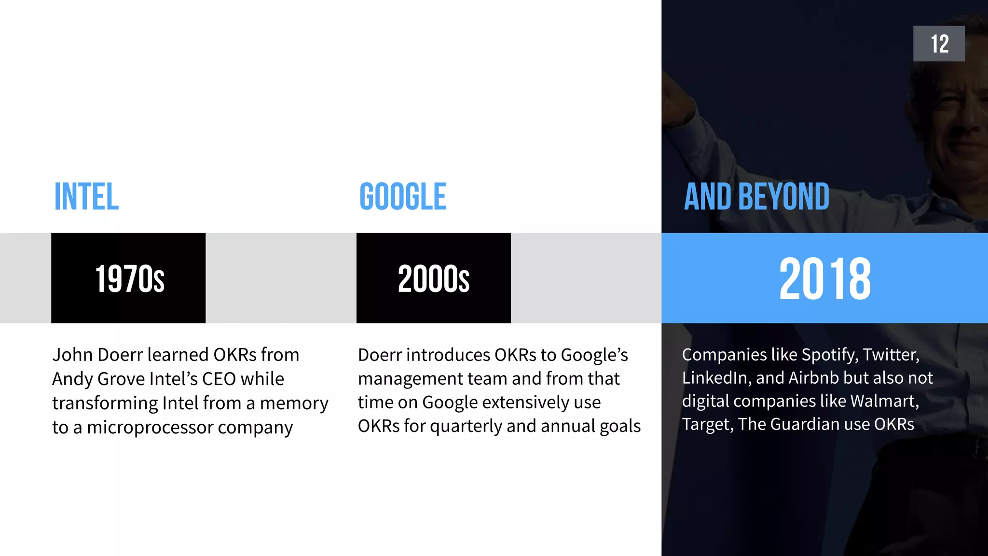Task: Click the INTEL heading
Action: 86,197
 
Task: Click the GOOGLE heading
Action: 403,197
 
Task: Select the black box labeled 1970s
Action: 128,278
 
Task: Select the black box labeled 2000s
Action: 433,278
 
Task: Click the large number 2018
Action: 824,278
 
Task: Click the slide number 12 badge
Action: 938,43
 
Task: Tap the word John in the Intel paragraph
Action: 72,355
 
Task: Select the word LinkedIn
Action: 716,378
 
